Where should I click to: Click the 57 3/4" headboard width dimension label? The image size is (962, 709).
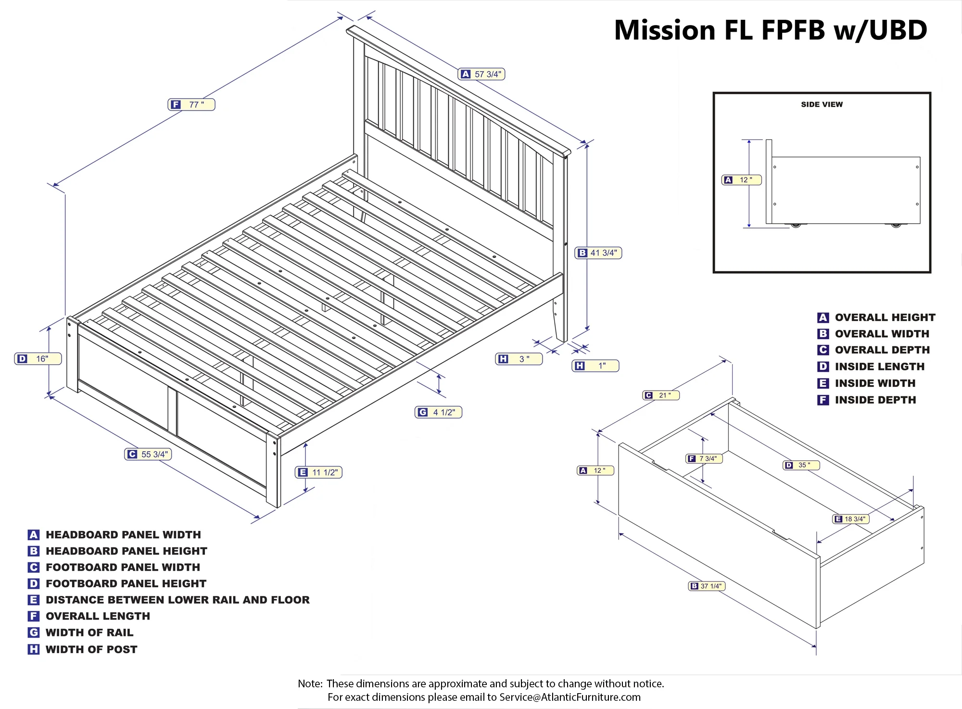coord(481,74)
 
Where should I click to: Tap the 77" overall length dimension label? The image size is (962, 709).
coord(191,104)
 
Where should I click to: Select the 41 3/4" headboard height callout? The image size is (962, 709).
coord(598,253)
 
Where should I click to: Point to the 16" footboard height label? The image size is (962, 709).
coord(38,359)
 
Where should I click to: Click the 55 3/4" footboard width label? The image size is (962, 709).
coord(148,454)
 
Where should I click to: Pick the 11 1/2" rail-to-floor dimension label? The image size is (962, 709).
coord(318,472)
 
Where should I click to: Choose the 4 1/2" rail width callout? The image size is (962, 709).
coord(438,412)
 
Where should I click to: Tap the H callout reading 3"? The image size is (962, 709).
coord(519,359)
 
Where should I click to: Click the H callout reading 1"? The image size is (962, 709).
coord(595,366)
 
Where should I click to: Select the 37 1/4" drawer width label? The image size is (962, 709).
coord(707,586)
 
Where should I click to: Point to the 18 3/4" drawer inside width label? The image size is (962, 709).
coord(850,519)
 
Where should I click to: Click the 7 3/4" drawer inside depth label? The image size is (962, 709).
coord(704,459)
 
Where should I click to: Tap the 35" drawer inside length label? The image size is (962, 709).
coord(802,465)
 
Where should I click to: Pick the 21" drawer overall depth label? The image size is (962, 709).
coord(661,395)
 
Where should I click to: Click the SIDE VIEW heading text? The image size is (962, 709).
coord(822,104)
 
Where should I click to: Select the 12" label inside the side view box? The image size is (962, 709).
coord(742,180)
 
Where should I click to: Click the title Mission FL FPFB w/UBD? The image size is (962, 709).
coord(771,30)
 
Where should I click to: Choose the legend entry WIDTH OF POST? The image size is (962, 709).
coord(91,649)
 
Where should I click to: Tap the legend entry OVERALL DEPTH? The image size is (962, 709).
coord(882,350)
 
